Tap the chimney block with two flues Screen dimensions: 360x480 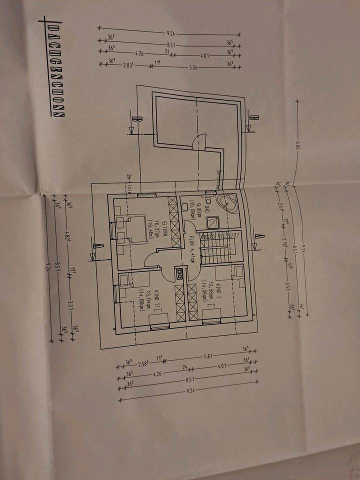pyautogui.click(x=179, y=273)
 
